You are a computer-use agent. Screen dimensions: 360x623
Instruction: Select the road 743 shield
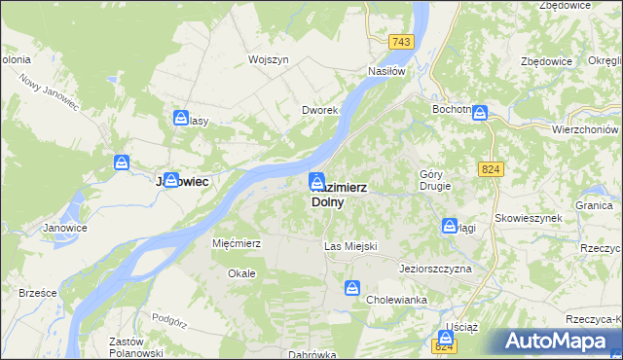(400, 42)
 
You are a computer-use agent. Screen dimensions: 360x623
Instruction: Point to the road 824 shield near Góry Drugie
(491, 169)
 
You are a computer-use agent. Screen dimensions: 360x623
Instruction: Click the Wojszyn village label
(269, 59)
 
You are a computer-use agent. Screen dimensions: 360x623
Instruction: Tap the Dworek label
(319, 111)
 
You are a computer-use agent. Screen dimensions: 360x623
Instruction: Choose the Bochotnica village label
(452, 110)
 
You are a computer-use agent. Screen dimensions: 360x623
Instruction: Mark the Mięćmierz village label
(237, 243)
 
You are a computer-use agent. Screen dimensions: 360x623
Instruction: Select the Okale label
(241, 273)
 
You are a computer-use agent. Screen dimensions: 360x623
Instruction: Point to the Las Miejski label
(349, 247)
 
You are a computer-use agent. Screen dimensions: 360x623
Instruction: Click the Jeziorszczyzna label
(435, 268)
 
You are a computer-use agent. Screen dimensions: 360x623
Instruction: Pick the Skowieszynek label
(529, 219)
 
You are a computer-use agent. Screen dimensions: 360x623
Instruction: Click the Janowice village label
(65, 229)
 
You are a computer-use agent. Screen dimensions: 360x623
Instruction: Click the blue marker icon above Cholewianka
(352, 288)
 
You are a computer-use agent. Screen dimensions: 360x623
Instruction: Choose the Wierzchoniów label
(586, 129)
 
